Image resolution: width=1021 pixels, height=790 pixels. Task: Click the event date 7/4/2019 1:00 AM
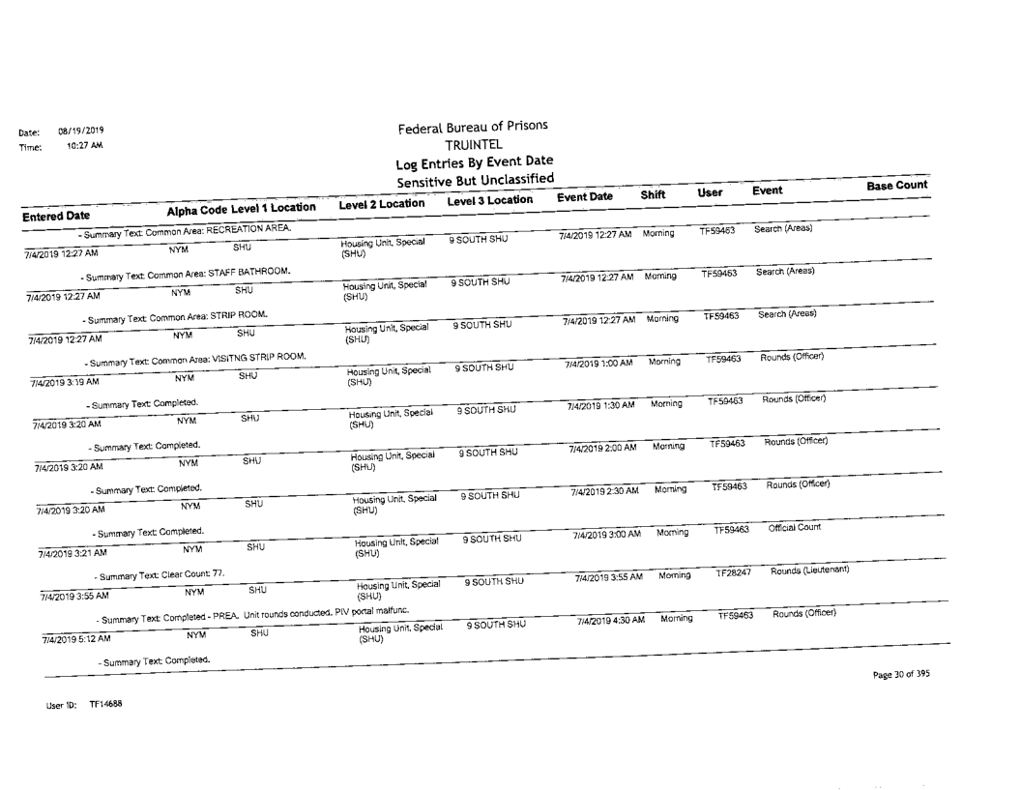tap(602, 363)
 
